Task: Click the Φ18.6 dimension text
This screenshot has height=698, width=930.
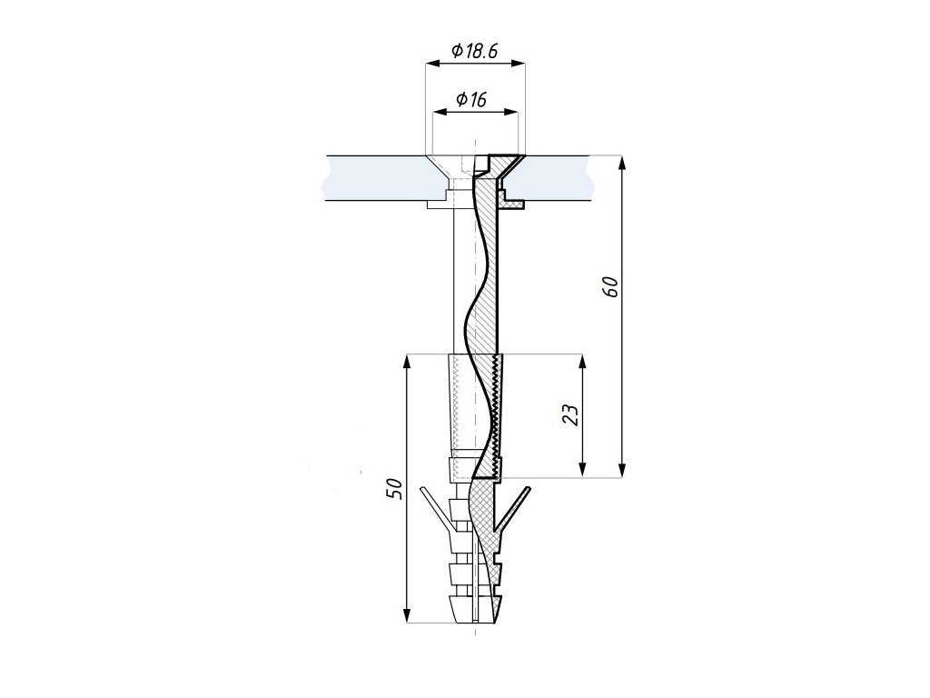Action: click(474, 51)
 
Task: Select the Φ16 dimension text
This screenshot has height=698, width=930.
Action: click(471, 99)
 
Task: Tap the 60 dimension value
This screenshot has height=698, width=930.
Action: click(610, 287)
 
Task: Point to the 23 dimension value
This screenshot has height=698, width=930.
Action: click(570, 415)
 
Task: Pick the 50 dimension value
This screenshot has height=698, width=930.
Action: click(394, 488)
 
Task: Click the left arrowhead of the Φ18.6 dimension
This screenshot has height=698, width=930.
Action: click(432, 62)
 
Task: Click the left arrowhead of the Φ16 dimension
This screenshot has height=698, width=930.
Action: click(440, 111)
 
